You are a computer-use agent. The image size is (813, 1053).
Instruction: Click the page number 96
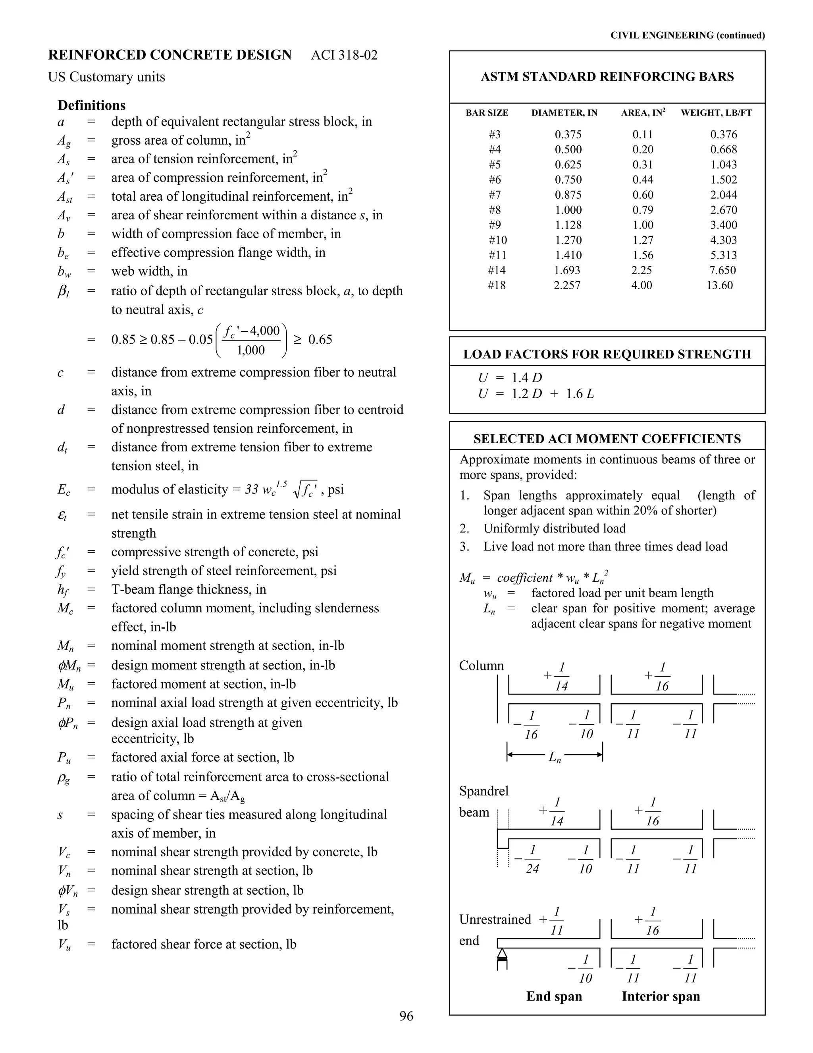pyautogui.click(x=406, y=1016)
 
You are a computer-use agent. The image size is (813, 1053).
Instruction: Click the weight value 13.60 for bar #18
pyautogui.click(x=720, y=285)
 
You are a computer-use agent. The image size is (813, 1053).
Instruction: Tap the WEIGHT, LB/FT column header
pyautogui.click(x=716, y=113)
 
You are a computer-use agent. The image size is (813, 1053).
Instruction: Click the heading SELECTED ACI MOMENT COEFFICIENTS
pyautogui.click(x=607, y=439)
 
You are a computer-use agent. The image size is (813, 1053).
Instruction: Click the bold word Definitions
pyautogui.click(x=92, y=105)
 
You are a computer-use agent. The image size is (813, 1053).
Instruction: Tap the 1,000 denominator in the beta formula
pyautogui.click(x=251, y=350)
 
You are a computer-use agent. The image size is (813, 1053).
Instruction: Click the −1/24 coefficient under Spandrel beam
pyautogui.click(x=528, y=859)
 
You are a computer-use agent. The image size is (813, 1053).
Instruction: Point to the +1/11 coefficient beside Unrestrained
pyautogui.click(x=552, y=920)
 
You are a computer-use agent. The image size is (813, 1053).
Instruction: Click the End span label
pyautogui.click(x=554, y=996)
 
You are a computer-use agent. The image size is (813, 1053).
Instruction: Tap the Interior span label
pyautogui.click(x=660, y=996)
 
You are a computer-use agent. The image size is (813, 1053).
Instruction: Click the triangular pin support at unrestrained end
pyautogui.click(x=502, y=954)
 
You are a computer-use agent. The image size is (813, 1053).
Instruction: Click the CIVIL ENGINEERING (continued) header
pyautogui.click(x=687, y=35)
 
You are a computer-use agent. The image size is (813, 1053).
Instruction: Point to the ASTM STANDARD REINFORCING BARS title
pyautogui.click(x=607, y=77)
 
